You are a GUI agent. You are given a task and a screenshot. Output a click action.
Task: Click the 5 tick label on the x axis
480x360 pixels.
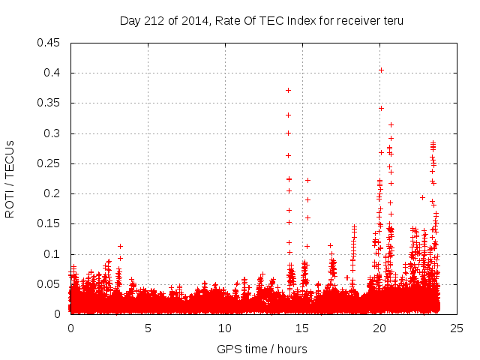tap(148, 328)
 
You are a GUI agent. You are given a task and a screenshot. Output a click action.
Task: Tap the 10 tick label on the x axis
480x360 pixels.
tap(225, 328)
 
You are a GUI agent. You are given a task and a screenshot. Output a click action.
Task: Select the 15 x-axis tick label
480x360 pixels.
tap(302, 328)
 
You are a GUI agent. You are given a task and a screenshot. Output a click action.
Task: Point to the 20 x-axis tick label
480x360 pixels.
tap(379, 328)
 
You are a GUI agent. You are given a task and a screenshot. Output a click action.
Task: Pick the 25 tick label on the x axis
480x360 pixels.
tap(457, 328)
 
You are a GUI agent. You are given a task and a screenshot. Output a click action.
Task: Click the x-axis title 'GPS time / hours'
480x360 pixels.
tap(262, 349)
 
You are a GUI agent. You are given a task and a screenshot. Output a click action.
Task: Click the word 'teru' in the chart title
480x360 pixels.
tap(392, 20)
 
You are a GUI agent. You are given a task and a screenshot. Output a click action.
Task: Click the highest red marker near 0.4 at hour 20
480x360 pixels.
tap(381, 70)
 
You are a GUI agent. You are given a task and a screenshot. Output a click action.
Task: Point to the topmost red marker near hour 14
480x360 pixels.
tap(288, 90)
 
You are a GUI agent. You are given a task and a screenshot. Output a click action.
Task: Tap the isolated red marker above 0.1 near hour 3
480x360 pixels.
tap(120, 246)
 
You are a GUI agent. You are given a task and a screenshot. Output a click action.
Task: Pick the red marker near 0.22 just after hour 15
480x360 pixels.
tap(307, 180)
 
